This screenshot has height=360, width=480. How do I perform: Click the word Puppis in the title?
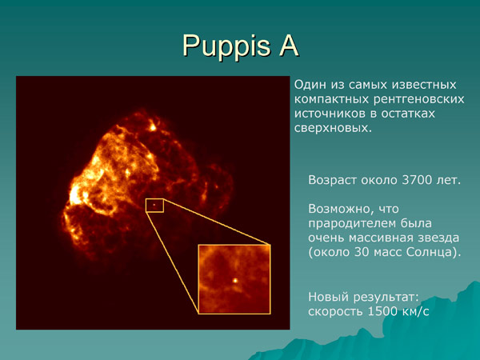220,46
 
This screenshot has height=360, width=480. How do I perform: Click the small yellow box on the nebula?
154,206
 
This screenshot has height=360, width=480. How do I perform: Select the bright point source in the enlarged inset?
234,281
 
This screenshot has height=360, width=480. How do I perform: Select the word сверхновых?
332,128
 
